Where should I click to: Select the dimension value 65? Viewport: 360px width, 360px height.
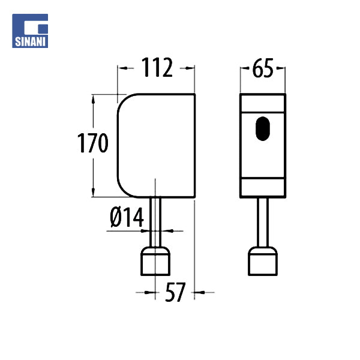pyautogui.click(x=263, y=69)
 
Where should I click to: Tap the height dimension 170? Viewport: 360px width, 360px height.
pyautogui.click(x=93, y=145)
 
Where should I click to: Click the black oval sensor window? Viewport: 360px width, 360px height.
pyautogui.click(x=263, y=128)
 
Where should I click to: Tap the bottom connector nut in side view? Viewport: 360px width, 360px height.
pyautogui.click(x=157, y=262)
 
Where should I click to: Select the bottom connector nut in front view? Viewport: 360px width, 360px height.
pyautogui.click(x=263, y=262)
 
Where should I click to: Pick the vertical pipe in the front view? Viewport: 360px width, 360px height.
pyautogui.click(x=263, y=222)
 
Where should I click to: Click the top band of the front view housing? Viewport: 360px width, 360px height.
pyautogui.click(x=263, y=103)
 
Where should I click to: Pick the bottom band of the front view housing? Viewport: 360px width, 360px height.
pyautogui.click(x=263, y=187)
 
